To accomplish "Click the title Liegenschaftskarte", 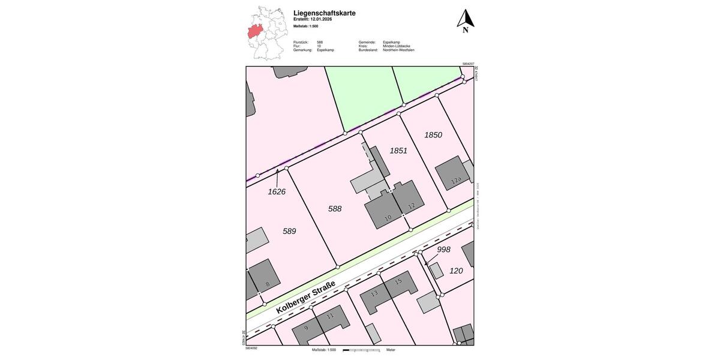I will coord(324,13).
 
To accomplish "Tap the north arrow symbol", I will coord(465,20).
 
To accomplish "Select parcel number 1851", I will coord(398,151).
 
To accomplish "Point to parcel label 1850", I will coord(433,135).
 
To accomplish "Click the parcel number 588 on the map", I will coord(335,209).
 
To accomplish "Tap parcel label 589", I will coord(289,231).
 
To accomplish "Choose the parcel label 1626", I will coord(277,192).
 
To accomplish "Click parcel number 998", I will coord(443,250).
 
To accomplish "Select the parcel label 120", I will coord(456,271).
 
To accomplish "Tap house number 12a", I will coord(457,180).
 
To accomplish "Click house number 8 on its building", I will coord(268,284).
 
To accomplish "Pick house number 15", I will coord(398,281).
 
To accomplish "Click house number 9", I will coord(306,328).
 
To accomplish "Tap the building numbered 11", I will coord(330,316).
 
